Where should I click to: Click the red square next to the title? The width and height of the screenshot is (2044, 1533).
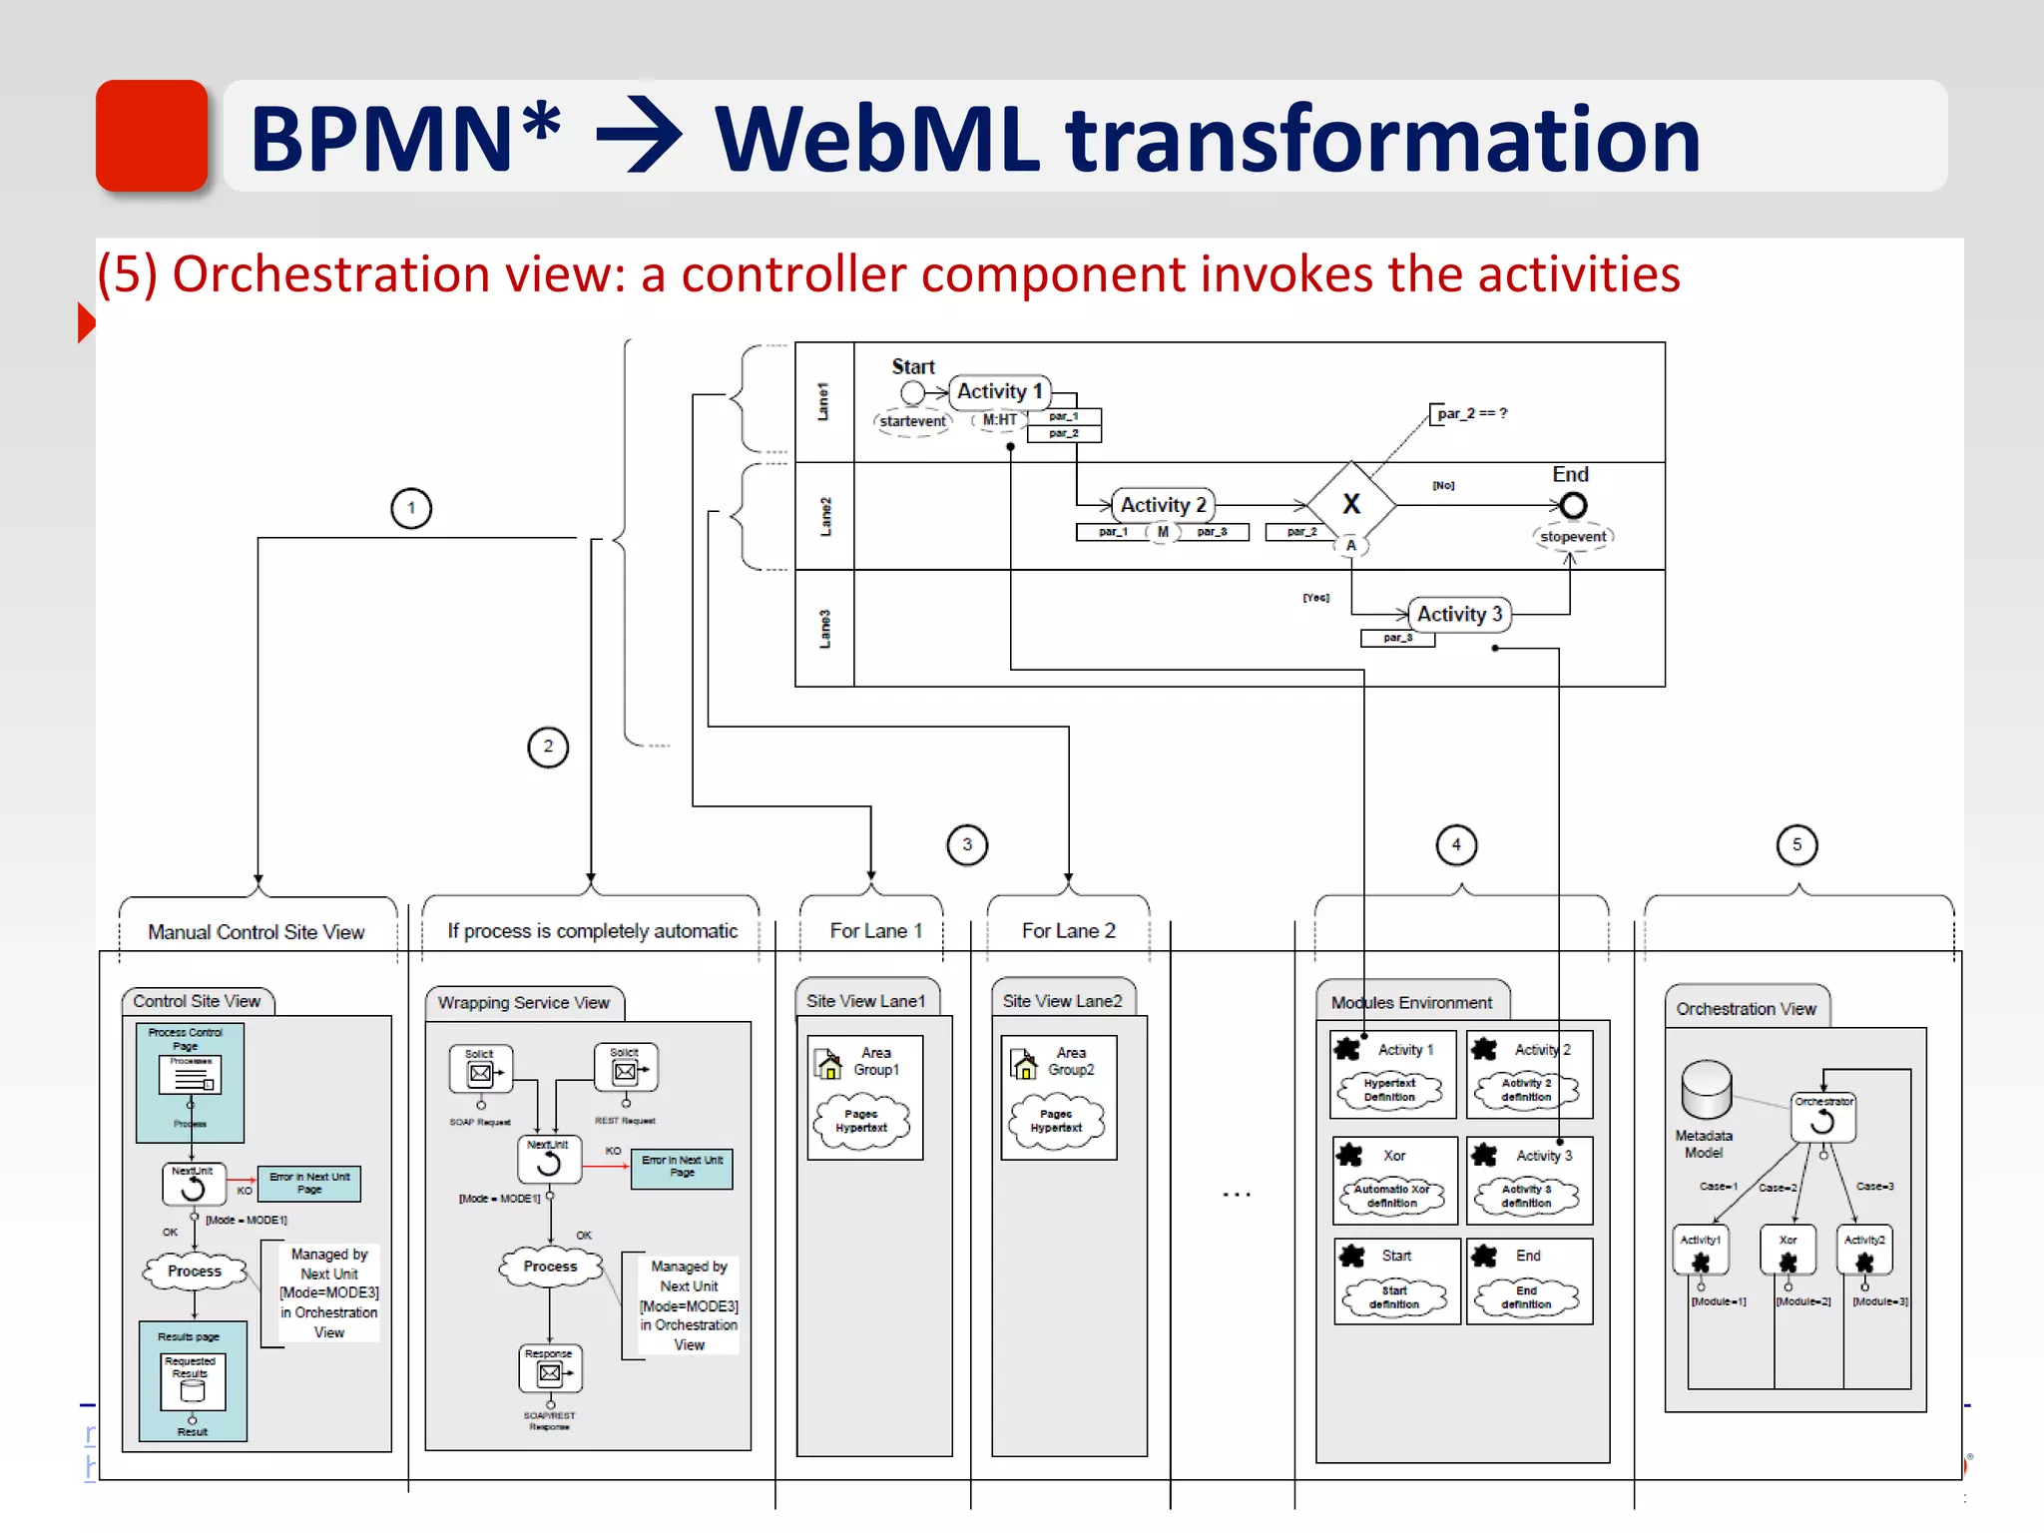coord(152,135)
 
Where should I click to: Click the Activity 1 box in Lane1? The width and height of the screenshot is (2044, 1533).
coord(999,391)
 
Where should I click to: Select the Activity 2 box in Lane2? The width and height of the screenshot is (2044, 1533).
coord(1163,505)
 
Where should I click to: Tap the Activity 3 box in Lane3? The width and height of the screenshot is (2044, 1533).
coord(1459,614)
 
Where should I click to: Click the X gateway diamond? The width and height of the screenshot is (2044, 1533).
coord(1351,505)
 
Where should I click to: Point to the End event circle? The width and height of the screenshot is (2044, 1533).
coord(1573,506)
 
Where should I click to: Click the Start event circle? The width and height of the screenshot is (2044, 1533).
coord(912,393)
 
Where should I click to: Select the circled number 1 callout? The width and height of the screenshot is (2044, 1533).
coord(411,508)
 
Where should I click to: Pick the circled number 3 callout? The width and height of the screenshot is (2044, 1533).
coord(966,845)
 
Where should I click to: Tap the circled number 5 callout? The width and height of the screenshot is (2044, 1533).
coord(1796,845)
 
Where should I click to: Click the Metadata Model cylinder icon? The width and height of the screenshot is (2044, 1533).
coord(1706,1090)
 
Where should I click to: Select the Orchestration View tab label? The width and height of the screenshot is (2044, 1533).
coord(1746,1009)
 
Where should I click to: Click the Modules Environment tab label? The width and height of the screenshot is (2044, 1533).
coord(1411,1003)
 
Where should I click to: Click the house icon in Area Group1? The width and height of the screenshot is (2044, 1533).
coord(829,1065)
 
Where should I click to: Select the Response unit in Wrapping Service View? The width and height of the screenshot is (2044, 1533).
coord(550,1369)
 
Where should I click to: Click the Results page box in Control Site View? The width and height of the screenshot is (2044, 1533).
coord(193,1381)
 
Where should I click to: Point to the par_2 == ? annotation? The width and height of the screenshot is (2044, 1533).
coord(1471,413)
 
